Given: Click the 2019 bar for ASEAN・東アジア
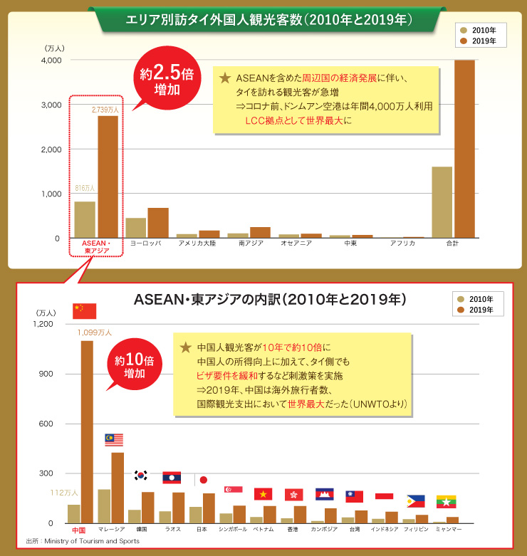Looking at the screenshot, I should point(108,177).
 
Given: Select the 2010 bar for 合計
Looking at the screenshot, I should point(442,202).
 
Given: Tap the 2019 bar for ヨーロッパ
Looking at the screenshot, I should point(158,223).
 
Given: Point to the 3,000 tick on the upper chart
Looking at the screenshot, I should point(51,105).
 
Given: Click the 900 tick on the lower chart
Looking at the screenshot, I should point(45,374).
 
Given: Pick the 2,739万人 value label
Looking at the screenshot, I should point(105,110).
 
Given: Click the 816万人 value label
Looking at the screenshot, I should point(85,189).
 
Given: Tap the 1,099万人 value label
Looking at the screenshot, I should point(95,332).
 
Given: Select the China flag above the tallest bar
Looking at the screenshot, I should point(84,311).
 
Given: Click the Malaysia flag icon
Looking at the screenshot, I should point(114,439).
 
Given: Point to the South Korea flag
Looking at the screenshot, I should point(141,475).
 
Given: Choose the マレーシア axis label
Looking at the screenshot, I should point(111,530).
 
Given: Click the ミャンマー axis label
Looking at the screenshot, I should point(448,530).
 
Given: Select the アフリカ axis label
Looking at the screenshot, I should point(402,243).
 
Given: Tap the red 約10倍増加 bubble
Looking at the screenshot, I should point(135,365).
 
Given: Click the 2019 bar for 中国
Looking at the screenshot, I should point(87,431).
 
